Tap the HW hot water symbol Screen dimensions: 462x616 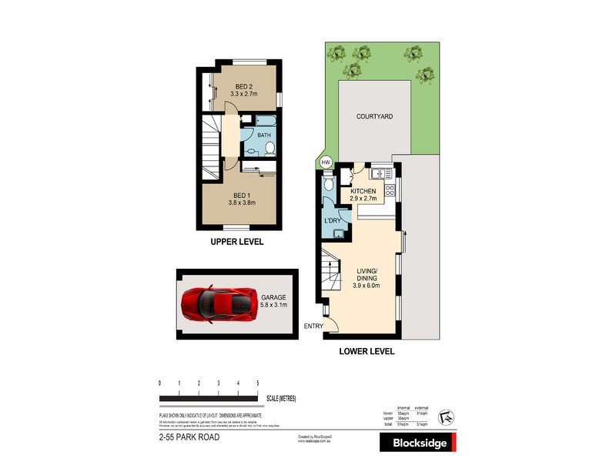pyautogui.click(x=325, y=162)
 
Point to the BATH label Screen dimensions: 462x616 pyautogui.click(x=264, y=135)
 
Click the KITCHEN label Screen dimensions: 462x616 pyautogui.click(x=363, y=191)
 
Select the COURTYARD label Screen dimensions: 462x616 pyautogui.click(x=374, y=116)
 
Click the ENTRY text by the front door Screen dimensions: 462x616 pyautogui.click(x=314, y=326)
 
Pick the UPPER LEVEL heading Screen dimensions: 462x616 pyautogui.click(x=237, y=242)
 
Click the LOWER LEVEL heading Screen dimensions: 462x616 pyautogui.click(x=367, y=351)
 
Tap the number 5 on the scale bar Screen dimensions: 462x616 pyautogui.click(x=257, y=383)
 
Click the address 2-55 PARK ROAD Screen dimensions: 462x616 pyautogui.click(x=184, y=437)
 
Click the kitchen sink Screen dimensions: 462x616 pyautogui.click(x=377, y=171)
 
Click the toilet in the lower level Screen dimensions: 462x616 pyautogui.click(x=329, y=185)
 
